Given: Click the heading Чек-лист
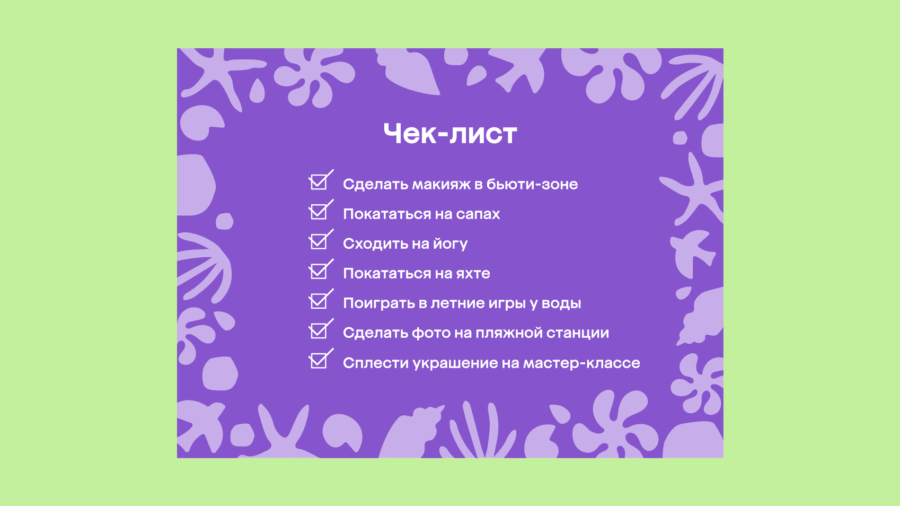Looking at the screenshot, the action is (450, 134).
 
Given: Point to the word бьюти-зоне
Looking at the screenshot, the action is (532, 184).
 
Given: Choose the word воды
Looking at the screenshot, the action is (561, 303).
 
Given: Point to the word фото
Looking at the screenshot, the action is (430, 333).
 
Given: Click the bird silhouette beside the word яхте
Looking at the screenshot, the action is (692, 253).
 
